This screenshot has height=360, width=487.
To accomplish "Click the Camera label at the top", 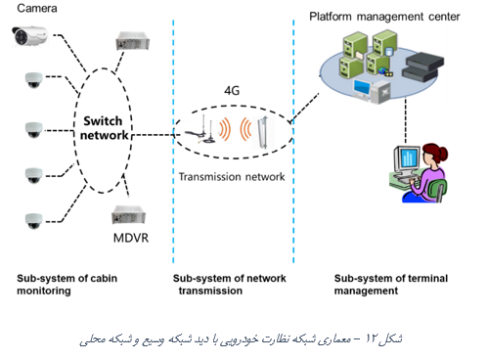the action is point(37,8).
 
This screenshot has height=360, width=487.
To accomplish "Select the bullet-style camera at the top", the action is point(29,36).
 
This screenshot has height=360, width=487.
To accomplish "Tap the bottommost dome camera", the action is point(34,221).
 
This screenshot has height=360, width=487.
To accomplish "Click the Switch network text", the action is point(104,128).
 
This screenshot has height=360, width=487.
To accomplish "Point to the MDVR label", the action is point(131,238).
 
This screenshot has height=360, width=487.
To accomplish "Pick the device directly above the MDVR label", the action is point(128,215).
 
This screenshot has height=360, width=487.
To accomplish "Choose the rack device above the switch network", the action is point(132,40).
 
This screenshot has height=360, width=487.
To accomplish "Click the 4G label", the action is point(232,90).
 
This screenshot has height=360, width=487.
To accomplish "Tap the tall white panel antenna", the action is point(263,133).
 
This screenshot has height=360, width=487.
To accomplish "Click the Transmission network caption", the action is point(232,177).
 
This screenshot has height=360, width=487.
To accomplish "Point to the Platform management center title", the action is point(384,17).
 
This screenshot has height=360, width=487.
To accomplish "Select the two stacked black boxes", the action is point(422,67).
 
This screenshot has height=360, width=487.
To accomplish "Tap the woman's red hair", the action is point(436,153).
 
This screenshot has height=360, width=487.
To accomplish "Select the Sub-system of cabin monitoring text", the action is point(66,285).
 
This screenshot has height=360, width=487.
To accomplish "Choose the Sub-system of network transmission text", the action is point(230,285).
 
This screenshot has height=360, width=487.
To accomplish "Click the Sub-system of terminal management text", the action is point(391,285).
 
